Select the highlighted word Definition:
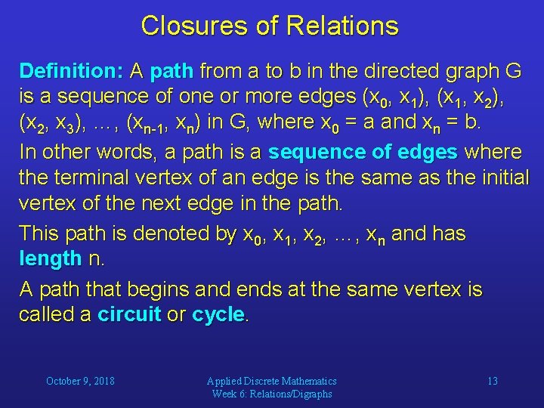(72, 72)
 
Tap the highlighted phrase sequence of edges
(363, 153)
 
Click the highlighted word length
(50, 259)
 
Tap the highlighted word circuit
(129, 315)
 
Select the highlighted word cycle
(218, 315)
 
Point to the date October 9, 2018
(80, 381)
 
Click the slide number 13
(492, 381)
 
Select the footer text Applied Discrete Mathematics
(272, 381)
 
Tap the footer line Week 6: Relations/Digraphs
(272, 394)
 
